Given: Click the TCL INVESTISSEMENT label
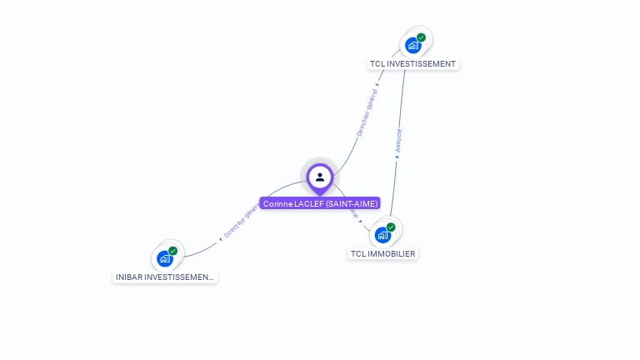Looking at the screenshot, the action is click(x=413, y=63).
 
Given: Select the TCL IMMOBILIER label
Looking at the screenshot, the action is click(x=383, y=253).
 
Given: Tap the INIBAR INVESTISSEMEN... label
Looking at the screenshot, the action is click(x=165, y=277).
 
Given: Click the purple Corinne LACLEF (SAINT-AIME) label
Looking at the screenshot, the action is click(x=320, y=203).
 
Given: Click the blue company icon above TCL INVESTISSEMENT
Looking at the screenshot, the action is click(x=412, y=45).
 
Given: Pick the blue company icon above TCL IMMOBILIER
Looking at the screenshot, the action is click(x=382, y=235).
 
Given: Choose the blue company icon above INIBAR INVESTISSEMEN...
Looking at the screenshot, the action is click(x=164, y=258).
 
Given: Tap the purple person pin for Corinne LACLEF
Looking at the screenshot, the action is click(x=320, y=177).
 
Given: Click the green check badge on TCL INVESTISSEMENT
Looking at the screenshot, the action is click(x=422, y=37).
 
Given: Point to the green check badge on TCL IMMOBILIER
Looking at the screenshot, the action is click(x=391, y=227).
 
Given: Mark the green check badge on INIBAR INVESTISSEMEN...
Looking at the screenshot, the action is click(x=172, y=251).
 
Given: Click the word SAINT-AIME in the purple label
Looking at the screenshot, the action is click(x=352, y=203).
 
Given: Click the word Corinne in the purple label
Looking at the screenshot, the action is click(x=277, y=203).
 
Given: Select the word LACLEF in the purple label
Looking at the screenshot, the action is click(x=308, y=203).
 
